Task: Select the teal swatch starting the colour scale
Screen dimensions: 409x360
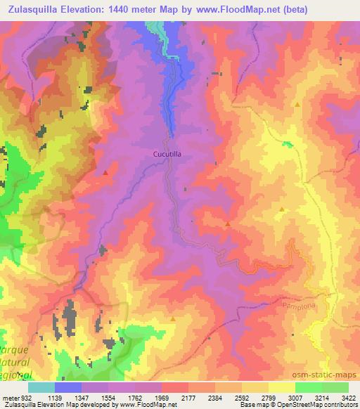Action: [42, 387]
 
